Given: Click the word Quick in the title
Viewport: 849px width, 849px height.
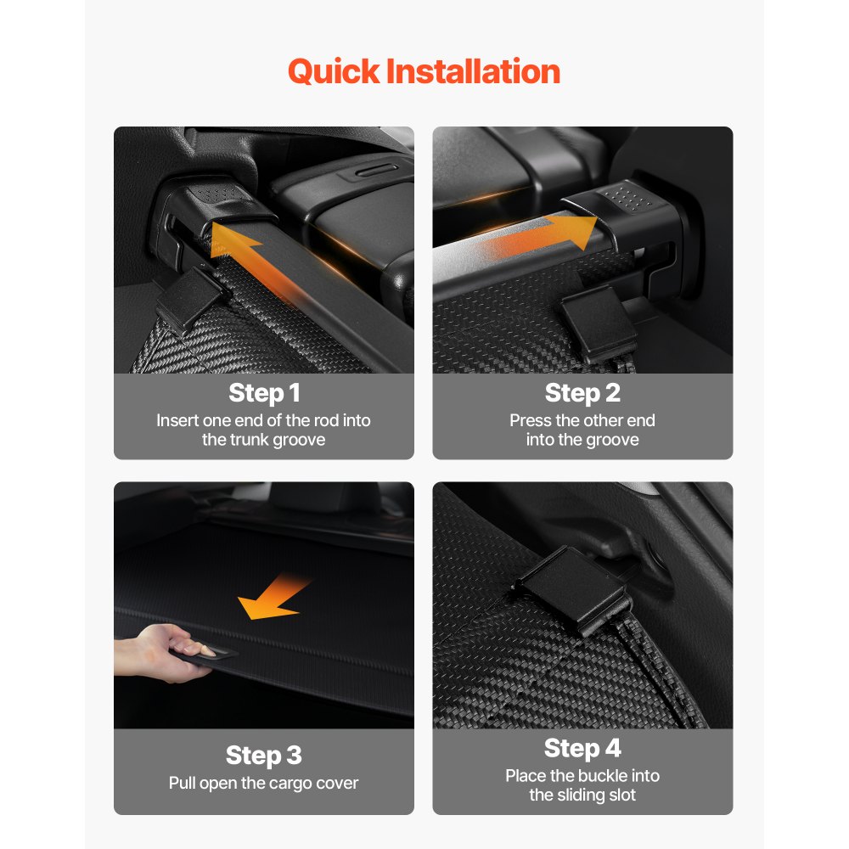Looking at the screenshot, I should tap(335, 72).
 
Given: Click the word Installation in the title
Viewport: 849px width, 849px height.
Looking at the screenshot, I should tap(473, 71).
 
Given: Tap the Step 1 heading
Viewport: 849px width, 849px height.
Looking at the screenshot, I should tap(264, 393).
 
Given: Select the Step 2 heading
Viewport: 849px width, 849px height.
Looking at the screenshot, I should tap(582, 393).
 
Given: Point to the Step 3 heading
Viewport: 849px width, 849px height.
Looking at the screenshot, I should tap(264, 755).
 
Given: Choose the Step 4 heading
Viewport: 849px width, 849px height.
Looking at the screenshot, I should tap(582, 748).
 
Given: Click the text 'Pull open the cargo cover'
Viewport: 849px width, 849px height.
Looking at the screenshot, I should tap(264, 782).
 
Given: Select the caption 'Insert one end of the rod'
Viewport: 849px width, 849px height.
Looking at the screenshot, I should tap(264, 420).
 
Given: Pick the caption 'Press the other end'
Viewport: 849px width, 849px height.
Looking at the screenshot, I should tap(582, 420).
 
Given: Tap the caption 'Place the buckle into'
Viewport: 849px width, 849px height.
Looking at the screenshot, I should tap(582, 775).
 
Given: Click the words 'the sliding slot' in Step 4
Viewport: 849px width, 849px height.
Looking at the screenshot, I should tap(582, 796).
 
